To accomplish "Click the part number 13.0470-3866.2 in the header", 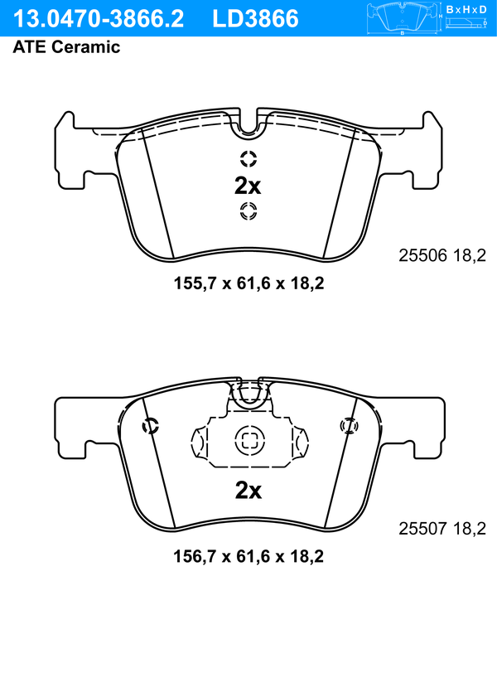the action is [x=98, y=19].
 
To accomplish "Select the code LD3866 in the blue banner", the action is [x=255, y=19].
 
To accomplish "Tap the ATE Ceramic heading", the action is [x=66, y=46].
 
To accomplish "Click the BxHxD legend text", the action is [x=466, y=9].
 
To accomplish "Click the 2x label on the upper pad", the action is [x=248, y=186].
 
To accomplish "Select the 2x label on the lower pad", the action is [x=248, y=491].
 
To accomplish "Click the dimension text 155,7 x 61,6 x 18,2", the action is [x=248, y=283].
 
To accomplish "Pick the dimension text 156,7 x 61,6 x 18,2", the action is [x=248, y=556].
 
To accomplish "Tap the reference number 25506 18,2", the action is [x=442, y=255].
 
